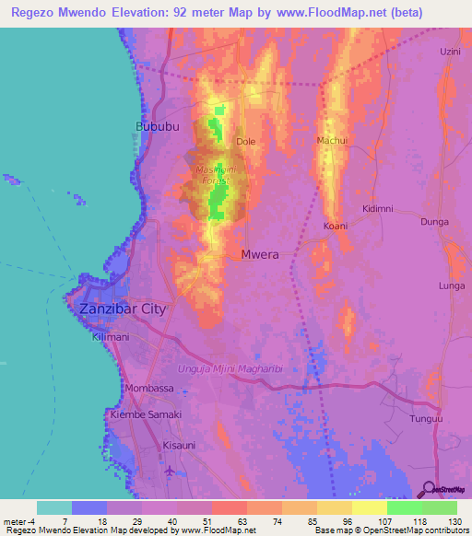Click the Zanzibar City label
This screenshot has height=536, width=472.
pos(123,309)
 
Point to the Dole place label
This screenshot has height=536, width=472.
pos(245,142)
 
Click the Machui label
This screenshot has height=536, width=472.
pos(332,140)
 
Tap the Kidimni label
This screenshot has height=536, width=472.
pos(378,208)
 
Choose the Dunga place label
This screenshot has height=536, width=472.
pos(434,222)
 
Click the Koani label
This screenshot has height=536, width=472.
pos(336,226)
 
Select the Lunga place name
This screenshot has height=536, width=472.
pos(452,286)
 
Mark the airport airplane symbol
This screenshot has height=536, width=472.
pos(170,472)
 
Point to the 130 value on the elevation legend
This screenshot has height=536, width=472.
pos(452,521)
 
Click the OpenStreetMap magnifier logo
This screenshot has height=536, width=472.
pos(430,488)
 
